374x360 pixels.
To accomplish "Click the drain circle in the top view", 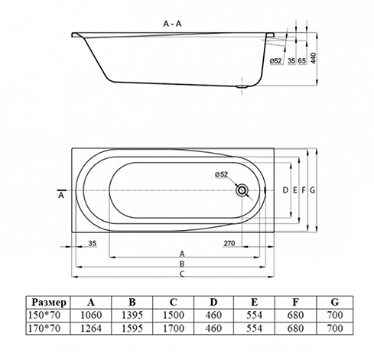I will point(242,190).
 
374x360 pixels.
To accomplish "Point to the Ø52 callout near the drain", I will point(222,175).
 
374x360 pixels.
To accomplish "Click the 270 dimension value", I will point(228,243).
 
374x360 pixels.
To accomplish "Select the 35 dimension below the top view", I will point(92,243).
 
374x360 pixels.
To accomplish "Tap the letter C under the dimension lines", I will point(182,273).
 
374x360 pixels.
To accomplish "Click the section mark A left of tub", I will point(61,196).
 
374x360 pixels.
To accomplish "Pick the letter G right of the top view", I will point(313,190).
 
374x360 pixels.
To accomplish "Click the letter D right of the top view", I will point(285,190).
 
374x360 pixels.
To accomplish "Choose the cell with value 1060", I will point(91,315).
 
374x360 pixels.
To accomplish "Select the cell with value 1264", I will point(91,329).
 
